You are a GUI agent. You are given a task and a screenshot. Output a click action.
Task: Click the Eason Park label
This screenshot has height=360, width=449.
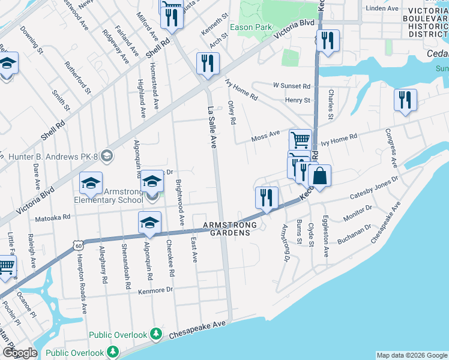[x=251, y=28]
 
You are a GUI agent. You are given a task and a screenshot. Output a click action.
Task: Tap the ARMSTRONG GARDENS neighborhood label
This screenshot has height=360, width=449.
[x=230, y=229]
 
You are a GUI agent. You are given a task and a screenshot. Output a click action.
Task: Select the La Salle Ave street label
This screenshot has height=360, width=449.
[x=212, y=127]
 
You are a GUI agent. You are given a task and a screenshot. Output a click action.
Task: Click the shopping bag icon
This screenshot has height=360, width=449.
[x=321, y=176]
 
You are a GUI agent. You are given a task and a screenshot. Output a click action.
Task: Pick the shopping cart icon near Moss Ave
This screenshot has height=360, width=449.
[x=300, y=140]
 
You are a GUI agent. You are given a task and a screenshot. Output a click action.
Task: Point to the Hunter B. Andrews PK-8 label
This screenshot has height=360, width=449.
[x=53, y=156]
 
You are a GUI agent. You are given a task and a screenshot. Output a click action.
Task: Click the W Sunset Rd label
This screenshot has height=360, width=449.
[x=291, y=86]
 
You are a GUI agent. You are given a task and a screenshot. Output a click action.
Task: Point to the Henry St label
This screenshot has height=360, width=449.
[x=297, y=100]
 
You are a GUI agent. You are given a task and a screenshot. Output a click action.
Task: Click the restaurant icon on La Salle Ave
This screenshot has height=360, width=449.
[x=208, y=65]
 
